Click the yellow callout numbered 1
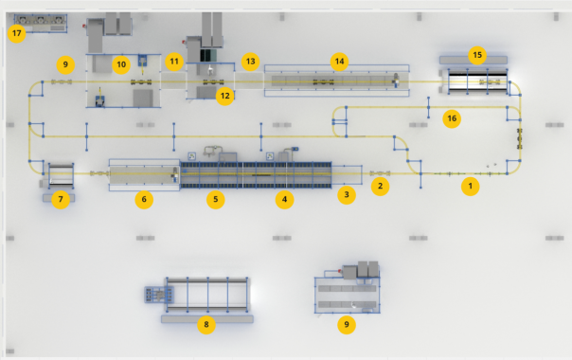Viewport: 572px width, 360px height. (471, 187)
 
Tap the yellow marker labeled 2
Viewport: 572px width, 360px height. (380, 187)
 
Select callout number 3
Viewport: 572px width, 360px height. (347, 194)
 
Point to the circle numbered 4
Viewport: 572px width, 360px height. (284, 200)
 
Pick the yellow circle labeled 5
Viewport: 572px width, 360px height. (216, 200)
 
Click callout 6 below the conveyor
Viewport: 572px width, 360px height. (144, 200)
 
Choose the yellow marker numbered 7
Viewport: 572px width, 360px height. (61, 200)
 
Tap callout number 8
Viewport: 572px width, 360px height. (206, 325)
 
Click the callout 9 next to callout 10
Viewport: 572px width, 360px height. (65, 65)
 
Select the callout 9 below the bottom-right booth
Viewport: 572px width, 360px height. (347, 325)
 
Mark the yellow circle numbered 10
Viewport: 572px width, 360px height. (121, 65)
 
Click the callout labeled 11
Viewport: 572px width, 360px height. (174, 62)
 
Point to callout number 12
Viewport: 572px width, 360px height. (225, 96)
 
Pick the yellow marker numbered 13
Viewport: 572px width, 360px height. (250, 62)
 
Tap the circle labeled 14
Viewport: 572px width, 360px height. (339, 62)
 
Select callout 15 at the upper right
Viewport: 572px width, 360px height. (477, 55)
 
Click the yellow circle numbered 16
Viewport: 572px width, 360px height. (452, 118)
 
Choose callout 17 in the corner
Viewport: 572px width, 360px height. (16, 33)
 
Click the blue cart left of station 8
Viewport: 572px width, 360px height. (159, 295)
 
